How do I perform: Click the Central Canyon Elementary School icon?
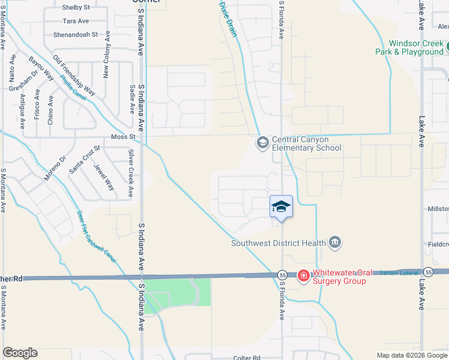(262, 143)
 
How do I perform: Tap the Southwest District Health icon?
(335, 242)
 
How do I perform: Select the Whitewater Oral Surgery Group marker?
(304, 275)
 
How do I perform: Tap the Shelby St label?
(76, 8)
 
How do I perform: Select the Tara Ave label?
(76, 21)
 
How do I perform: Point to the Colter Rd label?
(247, 358)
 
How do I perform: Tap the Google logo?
(20, 353)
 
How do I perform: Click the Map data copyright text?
(411, 355)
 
